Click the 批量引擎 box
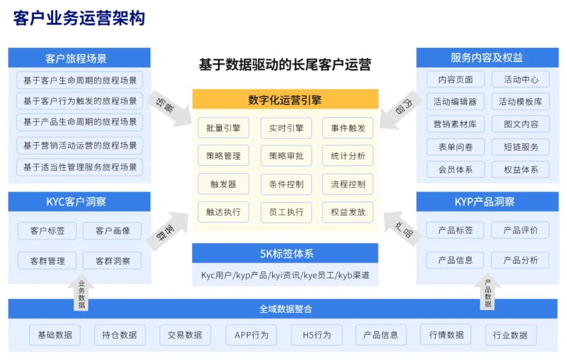click(x=224, y=128)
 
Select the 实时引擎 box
click(x=286, y=128)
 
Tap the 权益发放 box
click(x=348, y=212)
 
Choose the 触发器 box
click(x=224, y=184)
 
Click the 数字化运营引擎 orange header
click(x=285, y=99)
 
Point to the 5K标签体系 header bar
click(x=285, y=253)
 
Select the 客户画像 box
click(x=112, y=230)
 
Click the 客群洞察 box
click(x=112, y=261)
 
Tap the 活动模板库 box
click(x=521, y=102)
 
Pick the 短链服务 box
click(x=521, y=147)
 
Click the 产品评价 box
click(x=520, y=230)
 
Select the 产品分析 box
click(x=520, y=260)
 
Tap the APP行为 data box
click(x=251, y=335)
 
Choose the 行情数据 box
click(x=446, y=335)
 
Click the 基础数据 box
click(x=55, y=335)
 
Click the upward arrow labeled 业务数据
click(x=81, y=293)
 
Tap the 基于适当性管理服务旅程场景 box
click(x=80, y=167)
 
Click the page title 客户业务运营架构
click(x=79, y=18)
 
